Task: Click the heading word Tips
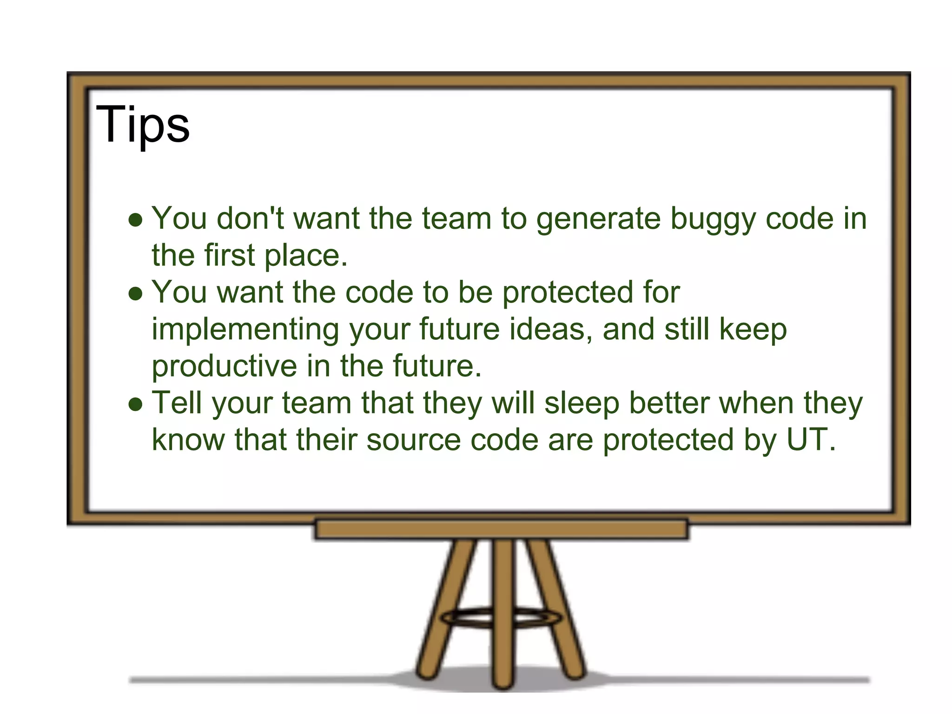[x=143, y=125]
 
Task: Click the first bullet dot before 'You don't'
[x=136, y=220]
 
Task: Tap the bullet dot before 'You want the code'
[x=136, y=294]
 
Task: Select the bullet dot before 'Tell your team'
[x=136, y=404]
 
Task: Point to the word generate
[x=598, y=219]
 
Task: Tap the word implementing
[x=245, y=330]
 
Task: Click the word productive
[x=224, y=367]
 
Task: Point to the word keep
[x=753, y=330]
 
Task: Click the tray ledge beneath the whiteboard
[x=501, y=529]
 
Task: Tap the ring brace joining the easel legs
[x=501, y=618]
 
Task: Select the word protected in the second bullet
[x=568, y=293]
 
